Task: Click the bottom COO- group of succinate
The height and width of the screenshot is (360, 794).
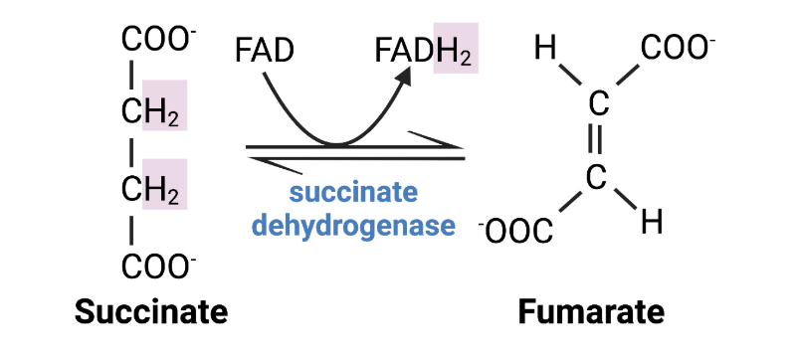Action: click(x=158, y=266)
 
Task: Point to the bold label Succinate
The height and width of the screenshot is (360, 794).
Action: click(x=152, y=312)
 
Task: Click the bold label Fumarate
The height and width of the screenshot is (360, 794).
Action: click(x=591, y=312)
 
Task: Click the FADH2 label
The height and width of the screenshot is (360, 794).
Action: click(x=426, y=49)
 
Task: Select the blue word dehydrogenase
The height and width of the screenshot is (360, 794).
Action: click(x=350, y=225)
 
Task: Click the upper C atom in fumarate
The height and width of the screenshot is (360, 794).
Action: click(x=597, y=103)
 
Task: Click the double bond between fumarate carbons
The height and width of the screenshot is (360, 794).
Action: click(x=597, y=140)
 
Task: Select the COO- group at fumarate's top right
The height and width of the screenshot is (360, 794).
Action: click(x=677, y=47)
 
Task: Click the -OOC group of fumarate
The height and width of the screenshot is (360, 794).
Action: click(x=515, y=231)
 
